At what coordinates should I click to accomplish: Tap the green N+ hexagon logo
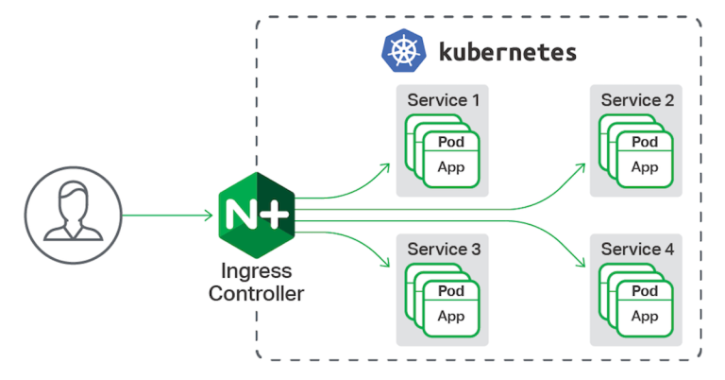pyautogui.click(x=256, y=216)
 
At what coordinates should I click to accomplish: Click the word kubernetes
pyautogui.click(x=507, y=51)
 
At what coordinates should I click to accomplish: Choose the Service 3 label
pyautogui.click(x=443, y=250)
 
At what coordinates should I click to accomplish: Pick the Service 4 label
pyautogui.click(x=637, y=250)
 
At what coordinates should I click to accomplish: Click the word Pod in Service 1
pyautogui.click(x=450, y=143)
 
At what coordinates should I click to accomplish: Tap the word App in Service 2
pyautogui.click(x=645, y=167)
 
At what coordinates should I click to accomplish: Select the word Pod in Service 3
pyautogui.click(x=450, y=292)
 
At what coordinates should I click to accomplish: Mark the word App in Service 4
pyautogui.click(x=645, y=317)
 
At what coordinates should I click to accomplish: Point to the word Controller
pyautogui.click(x=256, y=294)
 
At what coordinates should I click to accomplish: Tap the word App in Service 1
pyautogui.click(x=450, y=167)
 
